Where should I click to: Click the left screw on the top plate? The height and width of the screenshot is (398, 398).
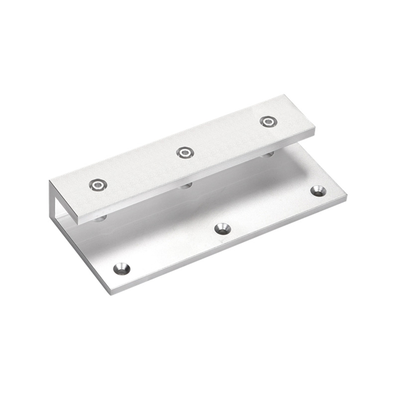pyautogui.click(x=98, y=186)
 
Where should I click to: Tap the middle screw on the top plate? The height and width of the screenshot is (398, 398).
pyautogui.click(x=185, y=153)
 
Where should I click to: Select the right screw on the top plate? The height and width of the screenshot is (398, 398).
pyautogui.click(x=268, y=121)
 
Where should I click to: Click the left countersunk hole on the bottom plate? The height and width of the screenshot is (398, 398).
pyautogui.click(x=121, y=269)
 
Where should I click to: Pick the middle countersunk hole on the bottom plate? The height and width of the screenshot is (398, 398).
pyautogui.click(x=222, y=229)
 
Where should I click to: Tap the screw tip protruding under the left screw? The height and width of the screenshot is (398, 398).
pyautogui.click(x=100, y=218)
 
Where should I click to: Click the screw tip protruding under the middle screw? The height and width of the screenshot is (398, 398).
pyautogui.click(x=186, y=186)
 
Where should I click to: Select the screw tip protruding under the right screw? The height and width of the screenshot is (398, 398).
pyautogui.click(x=268, y=155)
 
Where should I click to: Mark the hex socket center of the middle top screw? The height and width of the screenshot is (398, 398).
pyautogui.click(x=185, y=153)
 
